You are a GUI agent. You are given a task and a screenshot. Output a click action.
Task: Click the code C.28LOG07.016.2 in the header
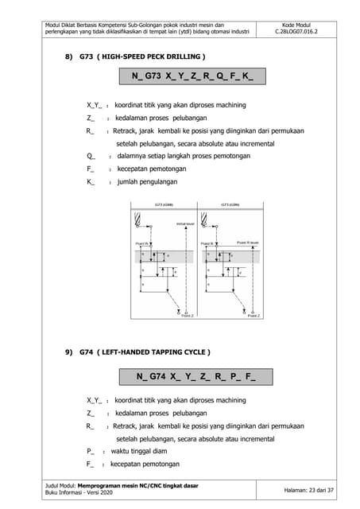click(x=301, y=35)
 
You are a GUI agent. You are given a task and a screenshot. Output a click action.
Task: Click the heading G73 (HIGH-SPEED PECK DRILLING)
click(x=135, y=57)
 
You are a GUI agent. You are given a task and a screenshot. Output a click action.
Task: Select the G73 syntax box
click(x=193, y=77)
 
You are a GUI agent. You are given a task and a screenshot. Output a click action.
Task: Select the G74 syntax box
click(x=195, y=376)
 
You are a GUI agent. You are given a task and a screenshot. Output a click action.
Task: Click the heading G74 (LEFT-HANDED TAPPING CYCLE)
click(x=137, y=352)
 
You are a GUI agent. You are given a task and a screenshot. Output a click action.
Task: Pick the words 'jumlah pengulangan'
click(x=145, y=181)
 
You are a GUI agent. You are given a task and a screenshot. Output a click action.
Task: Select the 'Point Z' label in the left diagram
click(x=187, y=316)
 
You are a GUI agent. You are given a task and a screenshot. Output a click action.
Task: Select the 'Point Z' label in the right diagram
click(x=253, y=316)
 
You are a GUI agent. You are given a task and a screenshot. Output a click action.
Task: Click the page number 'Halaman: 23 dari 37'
click(x=313, y=491)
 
